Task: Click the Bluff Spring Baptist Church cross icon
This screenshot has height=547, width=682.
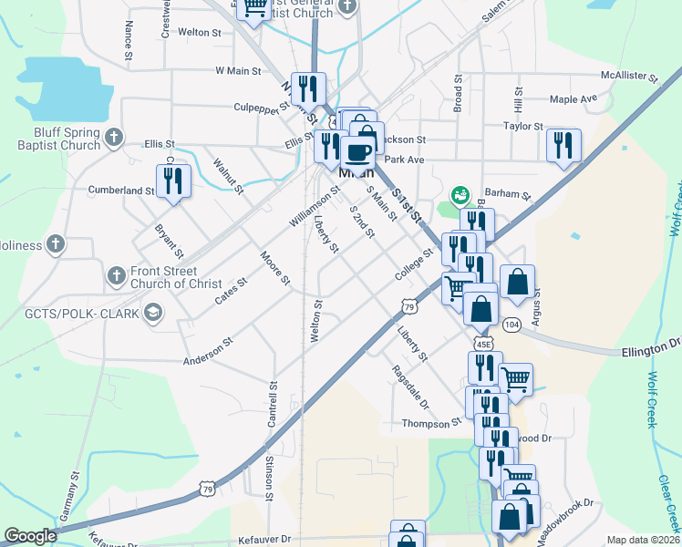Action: coord(113,138)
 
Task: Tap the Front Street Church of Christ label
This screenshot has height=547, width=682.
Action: coord(176,278)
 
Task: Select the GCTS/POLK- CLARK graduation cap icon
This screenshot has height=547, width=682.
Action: coord(152,314)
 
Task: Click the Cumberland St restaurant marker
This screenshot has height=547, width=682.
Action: coord(173,181)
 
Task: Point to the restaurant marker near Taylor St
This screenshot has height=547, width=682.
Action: coord(563,145)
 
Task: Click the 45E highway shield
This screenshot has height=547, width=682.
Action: coord(483,342)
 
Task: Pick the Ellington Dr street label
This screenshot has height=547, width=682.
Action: coord(652,345)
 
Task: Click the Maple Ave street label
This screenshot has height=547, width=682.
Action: coord(573,98)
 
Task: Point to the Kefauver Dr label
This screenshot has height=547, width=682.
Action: coord(263,539)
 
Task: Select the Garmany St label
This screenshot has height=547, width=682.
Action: coord(67,496)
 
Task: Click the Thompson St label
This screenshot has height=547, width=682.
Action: coord(432,424)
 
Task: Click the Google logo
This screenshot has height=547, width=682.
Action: coord(30,536)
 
